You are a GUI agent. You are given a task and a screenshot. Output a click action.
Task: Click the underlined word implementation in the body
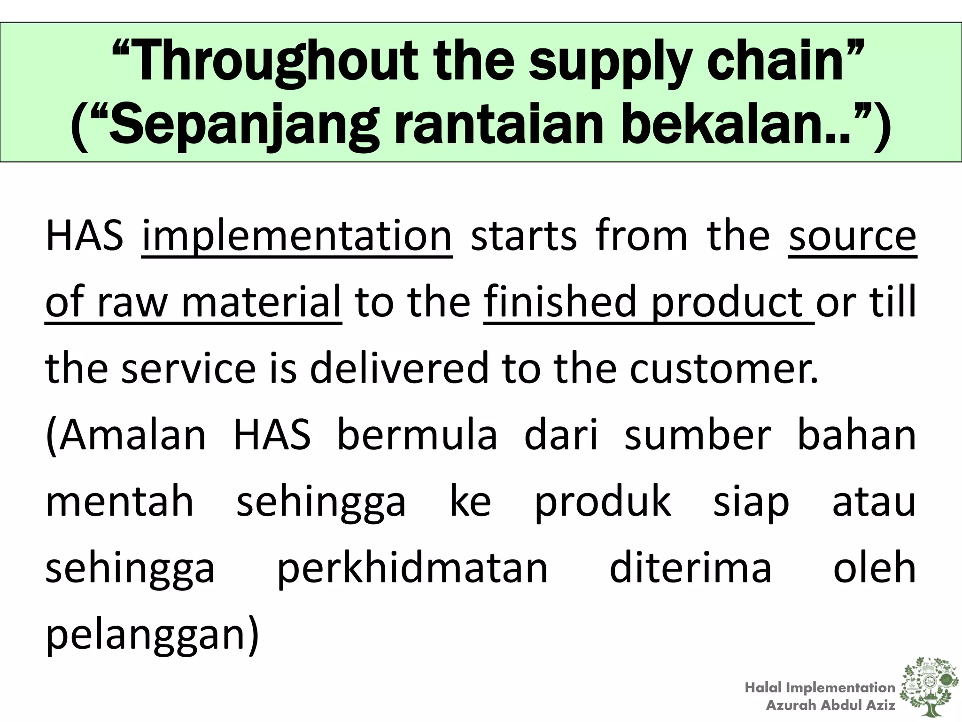click(x=296, y=236)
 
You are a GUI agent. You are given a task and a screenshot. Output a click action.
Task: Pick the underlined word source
click(x=852, y=236)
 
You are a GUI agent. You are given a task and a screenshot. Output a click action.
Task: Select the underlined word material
click(x=261, y=302)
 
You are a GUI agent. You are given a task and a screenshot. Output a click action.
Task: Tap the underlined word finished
click(x=561, y=302)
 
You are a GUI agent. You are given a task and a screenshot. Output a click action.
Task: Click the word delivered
click(x=399, y=368)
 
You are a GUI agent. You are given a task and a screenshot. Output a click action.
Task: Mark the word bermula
click(x=417, y=435)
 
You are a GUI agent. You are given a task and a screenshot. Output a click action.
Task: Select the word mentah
click(x=119, y=502)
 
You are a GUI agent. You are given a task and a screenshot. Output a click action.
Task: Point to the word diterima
click(x=690, y=568)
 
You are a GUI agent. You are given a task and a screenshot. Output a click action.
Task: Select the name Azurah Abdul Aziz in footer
click(x=830, y=705)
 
